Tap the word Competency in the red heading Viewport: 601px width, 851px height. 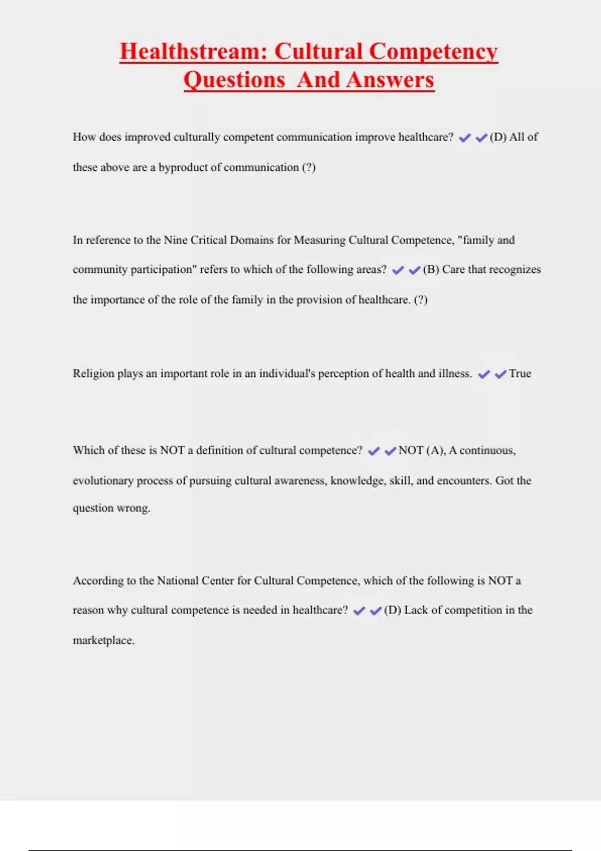coord(433,52)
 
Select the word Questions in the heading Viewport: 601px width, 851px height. coord(234,80)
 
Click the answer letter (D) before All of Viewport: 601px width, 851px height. coord(498,137)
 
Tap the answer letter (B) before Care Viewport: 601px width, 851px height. coord(431,270)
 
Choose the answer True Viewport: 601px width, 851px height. coord(520,374)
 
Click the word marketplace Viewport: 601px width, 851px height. coord(103,640)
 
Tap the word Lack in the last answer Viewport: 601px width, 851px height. coord(416,610)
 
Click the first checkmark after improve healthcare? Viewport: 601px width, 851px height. coord(465,138)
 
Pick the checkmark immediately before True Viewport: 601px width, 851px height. coord(500,374)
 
